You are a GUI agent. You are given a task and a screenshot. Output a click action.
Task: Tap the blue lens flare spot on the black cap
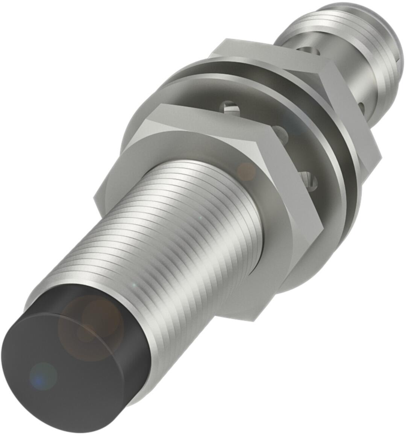click(x=43, y=376)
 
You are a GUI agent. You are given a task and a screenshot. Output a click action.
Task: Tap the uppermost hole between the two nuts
click(x=230, y=107)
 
